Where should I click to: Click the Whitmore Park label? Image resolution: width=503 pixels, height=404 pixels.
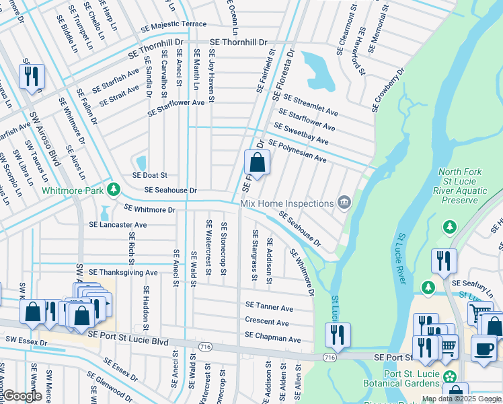[x=73, y=191]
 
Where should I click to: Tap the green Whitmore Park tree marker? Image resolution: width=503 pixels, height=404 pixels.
[x=115, y=188]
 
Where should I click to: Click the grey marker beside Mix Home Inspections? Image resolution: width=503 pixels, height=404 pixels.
[x=344, y=202]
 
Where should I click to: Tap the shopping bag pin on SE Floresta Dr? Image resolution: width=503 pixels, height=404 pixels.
[x=257, y=162]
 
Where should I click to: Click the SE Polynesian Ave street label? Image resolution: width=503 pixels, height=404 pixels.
[x=297, y=151]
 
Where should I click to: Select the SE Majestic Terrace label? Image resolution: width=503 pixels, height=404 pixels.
[x=173, y=24]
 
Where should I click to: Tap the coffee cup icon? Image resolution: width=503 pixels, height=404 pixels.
[x=483, y=349]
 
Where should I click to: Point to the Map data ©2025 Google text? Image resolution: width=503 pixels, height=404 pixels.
[x=461, y=399]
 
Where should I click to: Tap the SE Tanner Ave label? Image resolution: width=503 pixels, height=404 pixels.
[x=269, y=308]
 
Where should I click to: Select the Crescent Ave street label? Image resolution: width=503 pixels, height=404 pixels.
[x=266, y=322]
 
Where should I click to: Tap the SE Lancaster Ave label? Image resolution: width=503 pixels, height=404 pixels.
[x=118, y=225]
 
